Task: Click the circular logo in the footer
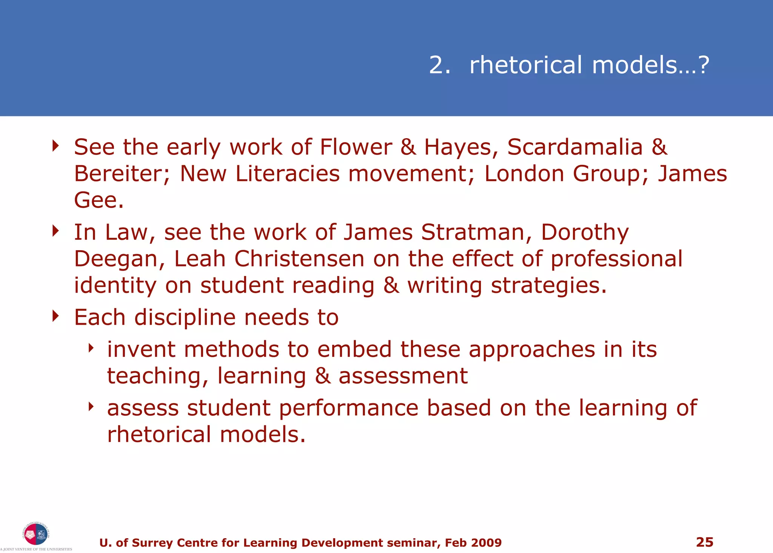35,534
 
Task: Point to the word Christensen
299,259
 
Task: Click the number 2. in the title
440,65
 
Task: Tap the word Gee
99,200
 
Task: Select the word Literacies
287,173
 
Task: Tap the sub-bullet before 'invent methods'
91,348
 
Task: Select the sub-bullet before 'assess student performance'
91,406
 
